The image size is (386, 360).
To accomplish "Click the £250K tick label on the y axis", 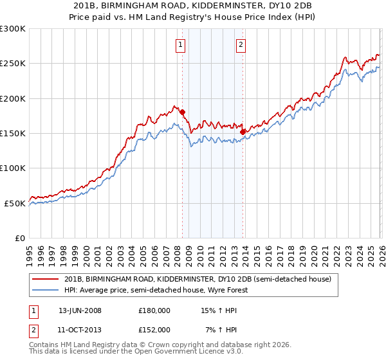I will click(x=13, y=64).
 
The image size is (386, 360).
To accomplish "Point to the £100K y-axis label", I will click(x=13, y=168).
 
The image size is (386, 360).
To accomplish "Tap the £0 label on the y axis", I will click(x=19, y=238).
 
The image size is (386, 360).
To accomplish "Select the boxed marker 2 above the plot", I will click(x=241, y=45).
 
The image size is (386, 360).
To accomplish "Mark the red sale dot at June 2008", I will click(x=182, y=112).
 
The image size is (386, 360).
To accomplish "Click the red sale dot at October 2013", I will click(x=243, y=132).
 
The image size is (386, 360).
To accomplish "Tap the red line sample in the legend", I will click(x=46, y=280).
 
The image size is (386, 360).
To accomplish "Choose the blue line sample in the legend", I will click(x=46, y=290).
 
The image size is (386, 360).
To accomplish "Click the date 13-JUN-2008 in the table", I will click(x=80, y=310).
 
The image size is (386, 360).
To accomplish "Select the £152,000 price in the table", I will click(x=154, y=329).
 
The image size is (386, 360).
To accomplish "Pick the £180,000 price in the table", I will click(x=154, y=310).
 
